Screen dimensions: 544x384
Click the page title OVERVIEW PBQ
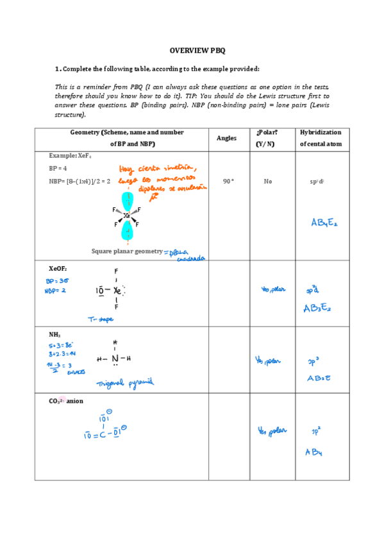tap(197, 50)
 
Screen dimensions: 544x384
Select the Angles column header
tap(226, 138)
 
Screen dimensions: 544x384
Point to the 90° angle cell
tap(228, 182)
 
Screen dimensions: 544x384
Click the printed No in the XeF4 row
tap(267, 182)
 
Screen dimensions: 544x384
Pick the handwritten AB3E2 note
tap(317, 309)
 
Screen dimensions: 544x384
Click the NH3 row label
tap(54, 335)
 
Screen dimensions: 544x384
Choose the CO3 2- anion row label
tap(66, 402)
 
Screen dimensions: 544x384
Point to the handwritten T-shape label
tap(101, 318)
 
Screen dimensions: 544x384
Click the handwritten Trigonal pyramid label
tap(125, 383)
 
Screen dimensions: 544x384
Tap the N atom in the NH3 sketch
tap(115, 359)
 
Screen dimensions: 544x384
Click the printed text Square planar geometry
tap(127, 251)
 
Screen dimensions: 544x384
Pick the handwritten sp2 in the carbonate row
tap(315, 432)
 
